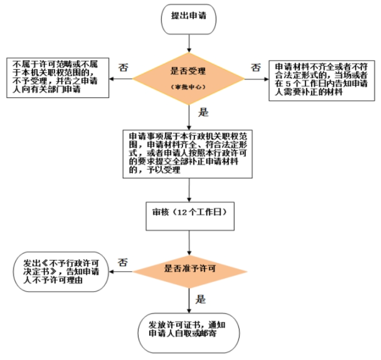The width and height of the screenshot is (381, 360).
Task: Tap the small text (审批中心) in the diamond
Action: (x=189, y=87)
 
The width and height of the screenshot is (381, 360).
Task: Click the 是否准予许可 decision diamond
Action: (x=190, y=269)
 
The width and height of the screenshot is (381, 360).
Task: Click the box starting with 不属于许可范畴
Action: (x=58, y=77)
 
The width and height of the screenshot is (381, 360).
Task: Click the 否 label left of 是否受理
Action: (x=122, y=68)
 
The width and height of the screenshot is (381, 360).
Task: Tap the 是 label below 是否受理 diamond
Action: (x=203, y=112)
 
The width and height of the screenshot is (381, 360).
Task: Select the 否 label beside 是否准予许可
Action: (x=122, y=262)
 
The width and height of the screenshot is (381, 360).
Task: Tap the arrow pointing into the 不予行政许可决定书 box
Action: (x=120, y=272)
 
